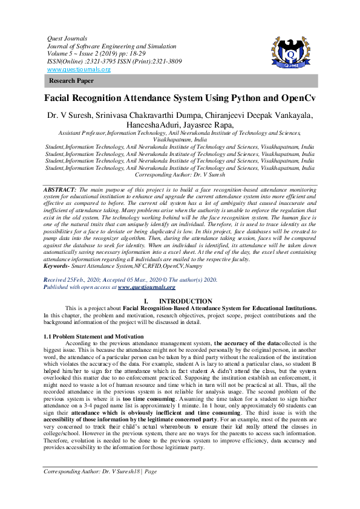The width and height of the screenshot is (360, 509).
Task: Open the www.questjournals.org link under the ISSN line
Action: coord(79,70)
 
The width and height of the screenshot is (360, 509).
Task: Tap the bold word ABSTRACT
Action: coord(59,173)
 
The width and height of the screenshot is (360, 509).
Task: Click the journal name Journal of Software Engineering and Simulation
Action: coord(112,46)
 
